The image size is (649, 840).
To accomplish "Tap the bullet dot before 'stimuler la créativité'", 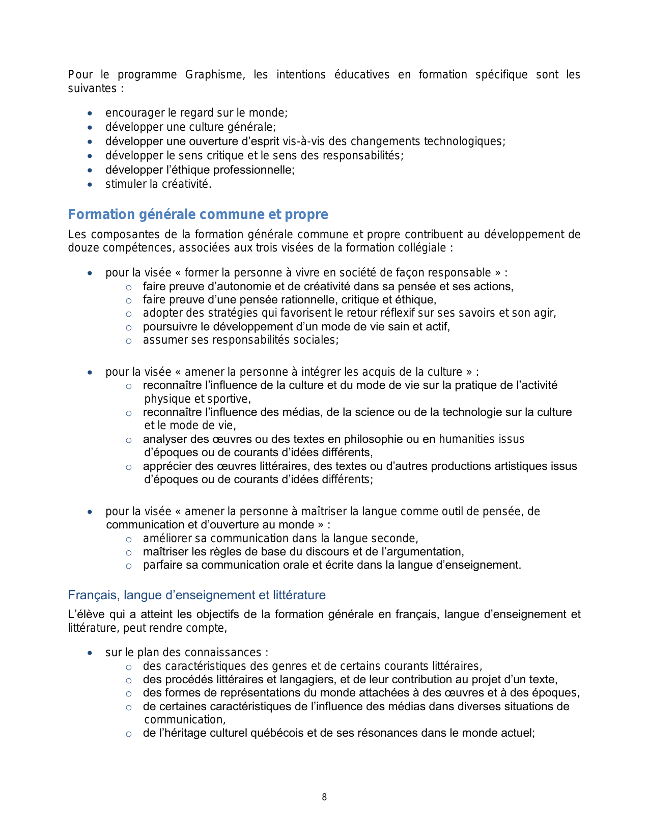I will (x=90, y=184).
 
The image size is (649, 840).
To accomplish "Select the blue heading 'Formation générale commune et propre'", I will (x=198, y=214).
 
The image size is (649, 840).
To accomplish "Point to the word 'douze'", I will (x=82, y=248).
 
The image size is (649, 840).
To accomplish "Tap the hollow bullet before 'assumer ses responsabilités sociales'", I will (x=129, y=341).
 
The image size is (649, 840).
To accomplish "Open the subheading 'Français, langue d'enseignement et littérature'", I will (x=197, y=595).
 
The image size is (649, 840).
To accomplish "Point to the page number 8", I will (x=324, y=797).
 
